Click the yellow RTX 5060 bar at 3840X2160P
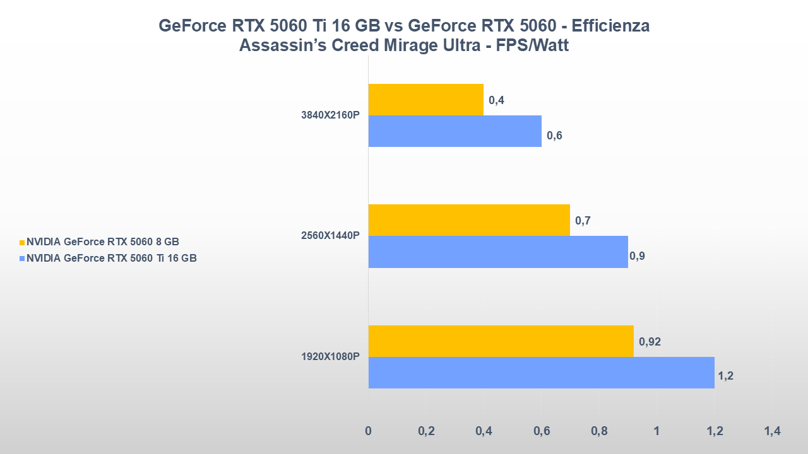coord(425,100)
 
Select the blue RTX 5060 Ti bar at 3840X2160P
coord(454,131)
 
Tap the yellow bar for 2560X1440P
coord(468,220)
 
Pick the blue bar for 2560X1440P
coord(497,252)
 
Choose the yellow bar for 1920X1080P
coord(501,341)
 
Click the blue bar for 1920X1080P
coord(541,373)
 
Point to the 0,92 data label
coord(650,342)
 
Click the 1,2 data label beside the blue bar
coord(725,376)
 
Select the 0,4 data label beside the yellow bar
coord(496,100)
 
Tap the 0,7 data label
coord(583,221)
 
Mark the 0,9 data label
coord(637,256)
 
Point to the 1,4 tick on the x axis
coord(772,431)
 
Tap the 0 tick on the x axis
coord(369,431)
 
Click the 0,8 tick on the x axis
coord(599,431)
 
